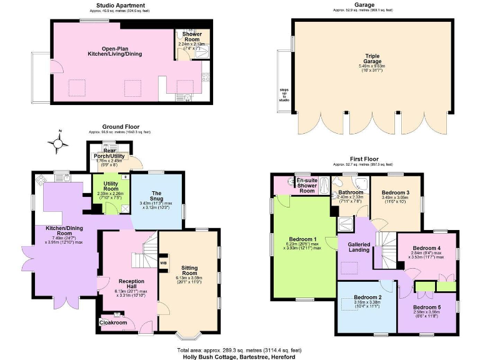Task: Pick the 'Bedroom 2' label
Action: click(367, 297)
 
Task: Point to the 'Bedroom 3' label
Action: click(394, 192)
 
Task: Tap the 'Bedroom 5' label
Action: click(431, 307)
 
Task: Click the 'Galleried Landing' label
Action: click(354, 247)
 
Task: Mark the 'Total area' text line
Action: click(240, 349)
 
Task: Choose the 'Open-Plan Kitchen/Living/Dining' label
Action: click(114, 51)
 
